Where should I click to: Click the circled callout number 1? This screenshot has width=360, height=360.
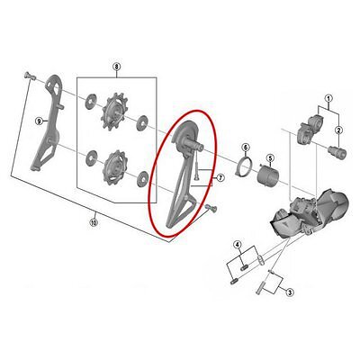click(328, 98)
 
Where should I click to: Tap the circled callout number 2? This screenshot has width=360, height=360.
click(338, 130)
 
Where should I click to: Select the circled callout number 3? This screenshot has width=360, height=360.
click(289, 292)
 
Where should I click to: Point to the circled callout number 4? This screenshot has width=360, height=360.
click(238, 245)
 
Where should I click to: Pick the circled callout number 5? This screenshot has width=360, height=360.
click(270, 158)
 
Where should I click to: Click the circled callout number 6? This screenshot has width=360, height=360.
click(246, 147)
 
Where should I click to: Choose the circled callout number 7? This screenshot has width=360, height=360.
click(220, 178)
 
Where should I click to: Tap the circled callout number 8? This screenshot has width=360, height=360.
click(116, 67)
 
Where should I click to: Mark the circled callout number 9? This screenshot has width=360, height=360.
click(39, 121)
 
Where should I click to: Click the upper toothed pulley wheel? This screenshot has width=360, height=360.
click(114, 112)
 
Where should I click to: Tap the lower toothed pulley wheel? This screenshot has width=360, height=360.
click(113, 167)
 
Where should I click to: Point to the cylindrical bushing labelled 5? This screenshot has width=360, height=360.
click(268, 175)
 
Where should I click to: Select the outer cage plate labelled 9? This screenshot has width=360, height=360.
click(49, 122)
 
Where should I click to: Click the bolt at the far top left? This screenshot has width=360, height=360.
click(29, 76)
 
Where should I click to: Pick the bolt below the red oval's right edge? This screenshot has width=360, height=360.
click(211, 208)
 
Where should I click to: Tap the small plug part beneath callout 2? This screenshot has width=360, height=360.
click(337, 152)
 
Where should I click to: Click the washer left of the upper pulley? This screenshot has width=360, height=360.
click(90, 101)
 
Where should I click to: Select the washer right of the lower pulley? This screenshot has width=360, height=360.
click(142, 178)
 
